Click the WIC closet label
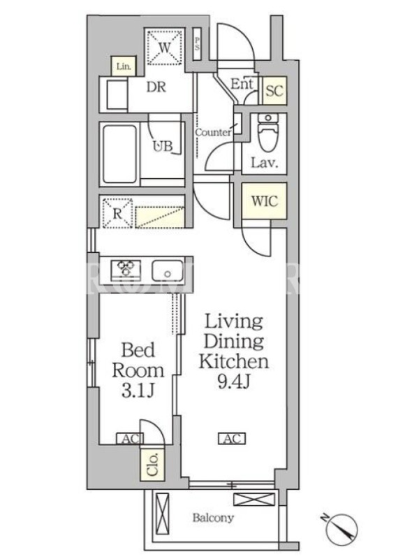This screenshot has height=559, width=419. pyautogui.click(x=264, y=201)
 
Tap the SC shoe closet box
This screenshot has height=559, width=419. pyautogui.click(x=274, y=91)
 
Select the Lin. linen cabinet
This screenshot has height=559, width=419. pyautogui.click(x=124, y=66)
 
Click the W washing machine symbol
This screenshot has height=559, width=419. pyautogui.click(x=164, y=47)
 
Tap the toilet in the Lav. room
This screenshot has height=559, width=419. pyautogui.click(x=268, y=132)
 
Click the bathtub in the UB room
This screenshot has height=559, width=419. pyautogui.click(x=119, y=154)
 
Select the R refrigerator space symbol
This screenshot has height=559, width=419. pyautogui.click(x=117, y=213)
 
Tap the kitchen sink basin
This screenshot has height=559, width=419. pyautogui.click(x=168, y=270)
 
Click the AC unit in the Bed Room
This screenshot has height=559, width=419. pyautogui.click(x=130, y=439)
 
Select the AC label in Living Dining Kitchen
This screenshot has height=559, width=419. pyautogui.click(x=232, y=438)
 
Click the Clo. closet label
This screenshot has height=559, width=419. pyautogui.click(x=152, y=465)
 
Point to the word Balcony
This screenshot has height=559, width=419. pyautogui.click(x=213, y=517)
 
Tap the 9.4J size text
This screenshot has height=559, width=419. pyautogui.click(x=234, y=382)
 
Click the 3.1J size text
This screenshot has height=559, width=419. pyautogui.click(x=138, y=391)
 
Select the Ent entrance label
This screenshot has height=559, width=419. pyautogui.click(x=242, y=84)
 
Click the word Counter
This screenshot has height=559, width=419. pyautogui.click(x=213, y=132)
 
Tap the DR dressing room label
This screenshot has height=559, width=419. pyautogui.click(x=156, y=87)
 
